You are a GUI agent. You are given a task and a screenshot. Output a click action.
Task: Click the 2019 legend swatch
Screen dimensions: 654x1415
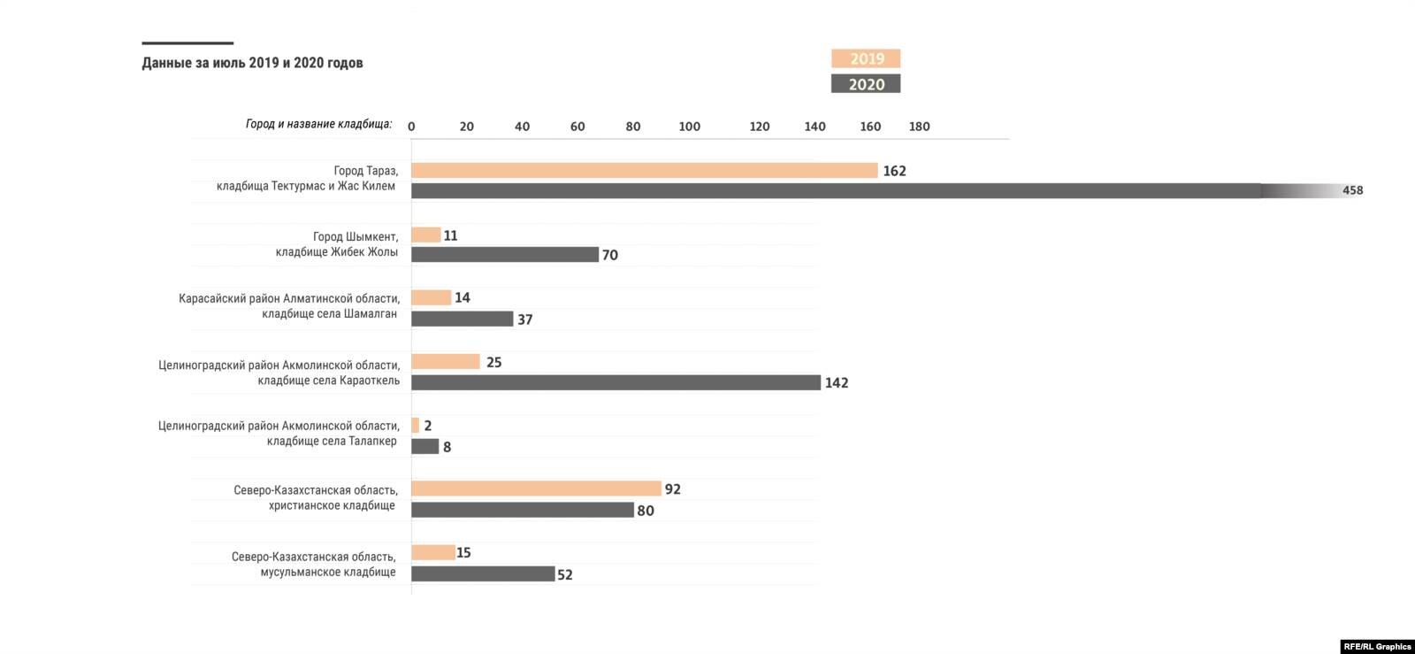(865, 58)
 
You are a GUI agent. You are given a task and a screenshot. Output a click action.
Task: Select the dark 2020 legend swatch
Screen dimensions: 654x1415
(865, 84)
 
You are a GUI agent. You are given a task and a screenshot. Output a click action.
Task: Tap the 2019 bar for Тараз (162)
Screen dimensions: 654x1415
(644, 171)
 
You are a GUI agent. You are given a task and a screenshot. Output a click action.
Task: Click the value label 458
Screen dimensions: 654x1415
(1352, 190)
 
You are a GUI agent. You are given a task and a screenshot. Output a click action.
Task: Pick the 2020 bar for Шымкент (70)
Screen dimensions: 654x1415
(505, 255)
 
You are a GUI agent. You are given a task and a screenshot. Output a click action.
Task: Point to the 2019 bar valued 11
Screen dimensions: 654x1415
(425, 235)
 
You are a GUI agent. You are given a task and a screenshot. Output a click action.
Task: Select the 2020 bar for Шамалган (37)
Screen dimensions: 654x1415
(462, 319)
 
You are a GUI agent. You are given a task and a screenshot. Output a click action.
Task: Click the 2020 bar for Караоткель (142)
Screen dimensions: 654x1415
(616, 382)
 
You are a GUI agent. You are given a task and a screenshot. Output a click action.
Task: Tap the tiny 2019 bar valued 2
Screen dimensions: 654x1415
(416, 426)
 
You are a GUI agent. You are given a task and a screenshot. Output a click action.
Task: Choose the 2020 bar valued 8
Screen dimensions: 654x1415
(425, 447)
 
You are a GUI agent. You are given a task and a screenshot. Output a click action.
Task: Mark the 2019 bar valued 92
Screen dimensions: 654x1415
(536, 489)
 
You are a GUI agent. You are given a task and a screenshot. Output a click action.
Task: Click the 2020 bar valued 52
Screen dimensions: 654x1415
(483, 574)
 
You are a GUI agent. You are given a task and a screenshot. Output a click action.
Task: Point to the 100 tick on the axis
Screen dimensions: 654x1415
(689, 127)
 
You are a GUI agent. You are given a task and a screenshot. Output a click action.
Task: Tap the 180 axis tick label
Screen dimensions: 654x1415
(919, 127)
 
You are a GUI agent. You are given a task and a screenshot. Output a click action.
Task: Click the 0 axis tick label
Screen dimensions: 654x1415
(411, 127)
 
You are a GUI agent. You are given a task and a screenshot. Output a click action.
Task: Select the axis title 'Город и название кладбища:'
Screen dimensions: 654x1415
(318, 124)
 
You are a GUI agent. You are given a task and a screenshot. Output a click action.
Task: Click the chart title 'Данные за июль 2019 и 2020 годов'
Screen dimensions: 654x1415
(252, 63)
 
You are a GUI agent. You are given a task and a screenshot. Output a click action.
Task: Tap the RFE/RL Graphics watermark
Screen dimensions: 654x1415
(1377, 646)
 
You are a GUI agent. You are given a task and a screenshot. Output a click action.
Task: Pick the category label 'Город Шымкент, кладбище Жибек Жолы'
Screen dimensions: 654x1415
(337, 244)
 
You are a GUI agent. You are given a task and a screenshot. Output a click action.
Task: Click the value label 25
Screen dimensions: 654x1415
(493, 362)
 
